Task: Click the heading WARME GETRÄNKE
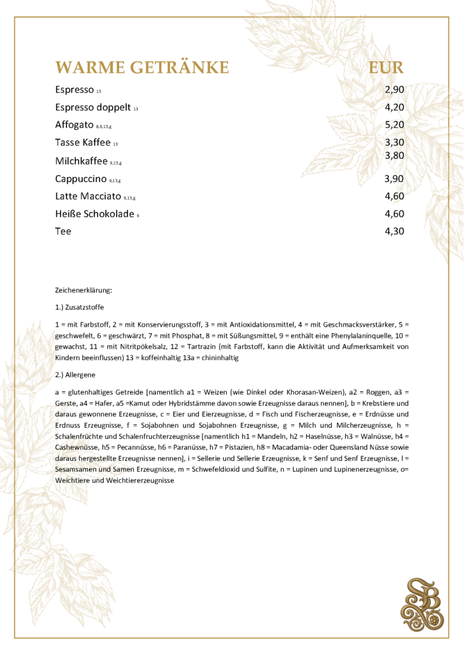coord(142,67)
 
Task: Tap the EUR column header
coord(387,67)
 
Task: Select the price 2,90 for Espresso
coord(394,90)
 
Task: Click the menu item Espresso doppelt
coord(92,107)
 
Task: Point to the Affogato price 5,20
coord(394,125)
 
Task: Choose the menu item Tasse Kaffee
coord(83,142)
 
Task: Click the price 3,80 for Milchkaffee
coord(394,155)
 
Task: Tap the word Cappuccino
coord(80,178)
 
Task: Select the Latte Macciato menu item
coord(88,196)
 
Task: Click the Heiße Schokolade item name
coord(94,214)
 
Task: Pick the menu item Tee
coord(63,231)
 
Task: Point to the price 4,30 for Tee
coord(394,231)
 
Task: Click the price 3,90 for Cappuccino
coord(394,178)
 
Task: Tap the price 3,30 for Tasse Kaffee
coord(394,142)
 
